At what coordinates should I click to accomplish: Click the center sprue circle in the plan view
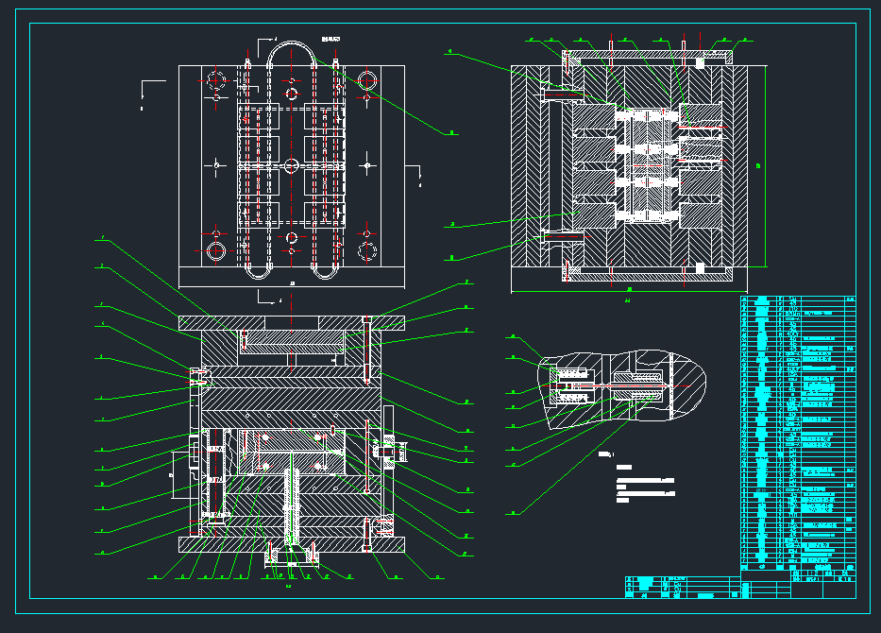click(x=292, y=165)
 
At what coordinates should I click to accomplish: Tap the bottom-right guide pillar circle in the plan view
click(x=367, y=251)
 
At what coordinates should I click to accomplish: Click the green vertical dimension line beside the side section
click(x=766, y=165)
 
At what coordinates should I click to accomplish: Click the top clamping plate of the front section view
click(x=292, y=322)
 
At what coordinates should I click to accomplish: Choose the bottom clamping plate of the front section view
click(x=292, y=545)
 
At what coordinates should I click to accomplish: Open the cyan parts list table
click(x=798, y=435)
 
